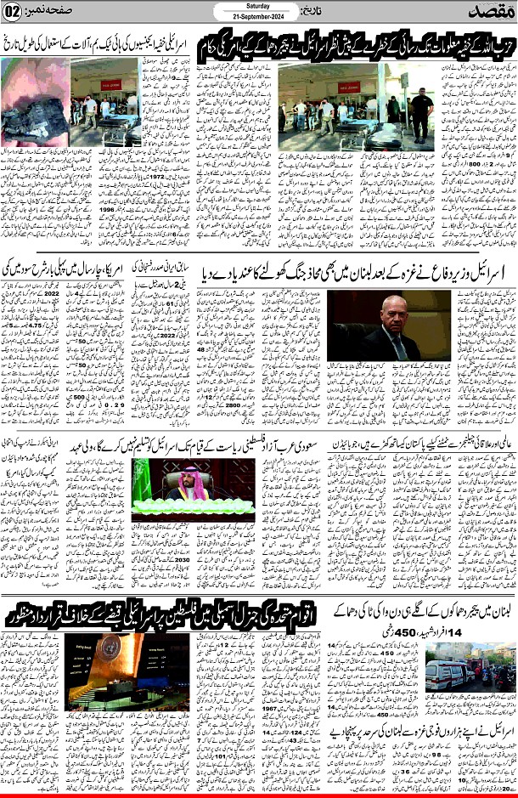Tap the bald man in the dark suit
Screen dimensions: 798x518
click(393, 326)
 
